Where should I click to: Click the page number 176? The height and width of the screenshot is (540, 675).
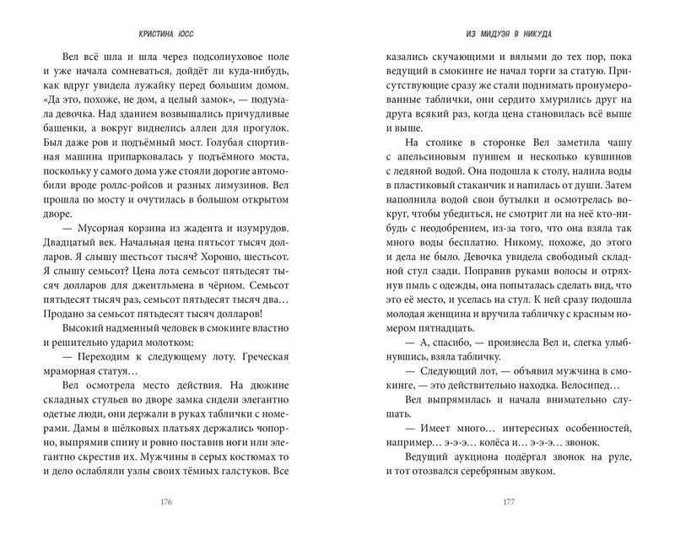166,504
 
